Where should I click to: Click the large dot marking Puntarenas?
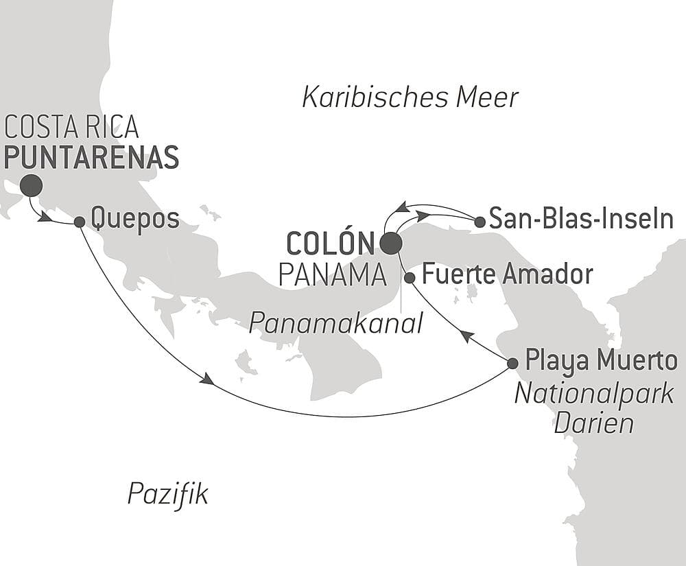click(x=31, y=185)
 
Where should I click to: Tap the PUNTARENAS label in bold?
click(x=91, y=157)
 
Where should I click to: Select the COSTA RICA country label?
click(x=71, y=128)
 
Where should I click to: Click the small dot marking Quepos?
click(x=80, y=222)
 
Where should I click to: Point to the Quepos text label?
click(x=135, y=220)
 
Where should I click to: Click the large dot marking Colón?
click(x=391, y=243)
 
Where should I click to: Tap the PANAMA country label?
click(x=332, y=275)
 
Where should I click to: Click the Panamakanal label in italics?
click(x=336, y=322)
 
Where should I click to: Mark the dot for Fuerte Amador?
click(x=410, y=278)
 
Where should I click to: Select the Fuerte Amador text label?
click(x=506, y=274)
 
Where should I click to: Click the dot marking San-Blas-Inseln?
click(x=480, y=222)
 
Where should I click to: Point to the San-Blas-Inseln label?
click(x=581, y=220)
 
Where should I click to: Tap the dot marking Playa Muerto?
click(x=512, y=362)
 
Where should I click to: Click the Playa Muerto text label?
click(x=600, y=360)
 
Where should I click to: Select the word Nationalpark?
click(x=594, y=394)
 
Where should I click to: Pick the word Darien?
click(x=594, y=423)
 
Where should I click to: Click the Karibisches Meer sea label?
click(x=410, y=97)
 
